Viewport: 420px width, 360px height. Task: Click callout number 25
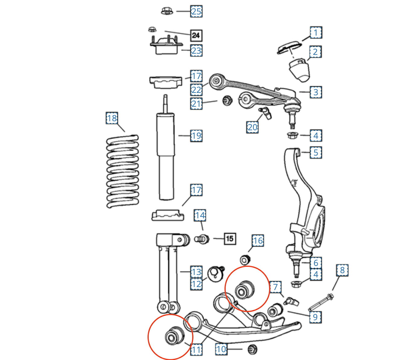pos(196,11)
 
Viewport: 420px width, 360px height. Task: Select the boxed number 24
pos(196,36)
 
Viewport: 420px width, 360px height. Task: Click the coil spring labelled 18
pos(123,171)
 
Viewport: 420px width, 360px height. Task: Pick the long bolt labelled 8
pos(321,302)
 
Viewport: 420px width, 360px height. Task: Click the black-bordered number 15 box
pos(230,239)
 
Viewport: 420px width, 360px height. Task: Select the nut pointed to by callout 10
pos(253,349)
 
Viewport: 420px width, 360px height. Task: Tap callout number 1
pos(316,33)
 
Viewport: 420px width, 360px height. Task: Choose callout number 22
pos(196,90)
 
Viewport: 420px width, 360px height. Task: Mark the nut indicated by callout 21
pos(227,100)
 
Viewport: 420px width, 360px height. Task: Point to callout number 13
pos(196,272)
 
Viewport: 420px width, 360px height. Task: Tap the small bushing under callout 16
pos(245,260)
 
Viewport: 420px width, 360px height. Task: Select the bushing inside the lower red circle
pos(174,336)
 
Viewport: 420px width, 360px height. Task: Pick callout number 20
pos(252,127)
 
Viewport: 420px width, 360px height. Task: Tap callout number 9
pos(315,317)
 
